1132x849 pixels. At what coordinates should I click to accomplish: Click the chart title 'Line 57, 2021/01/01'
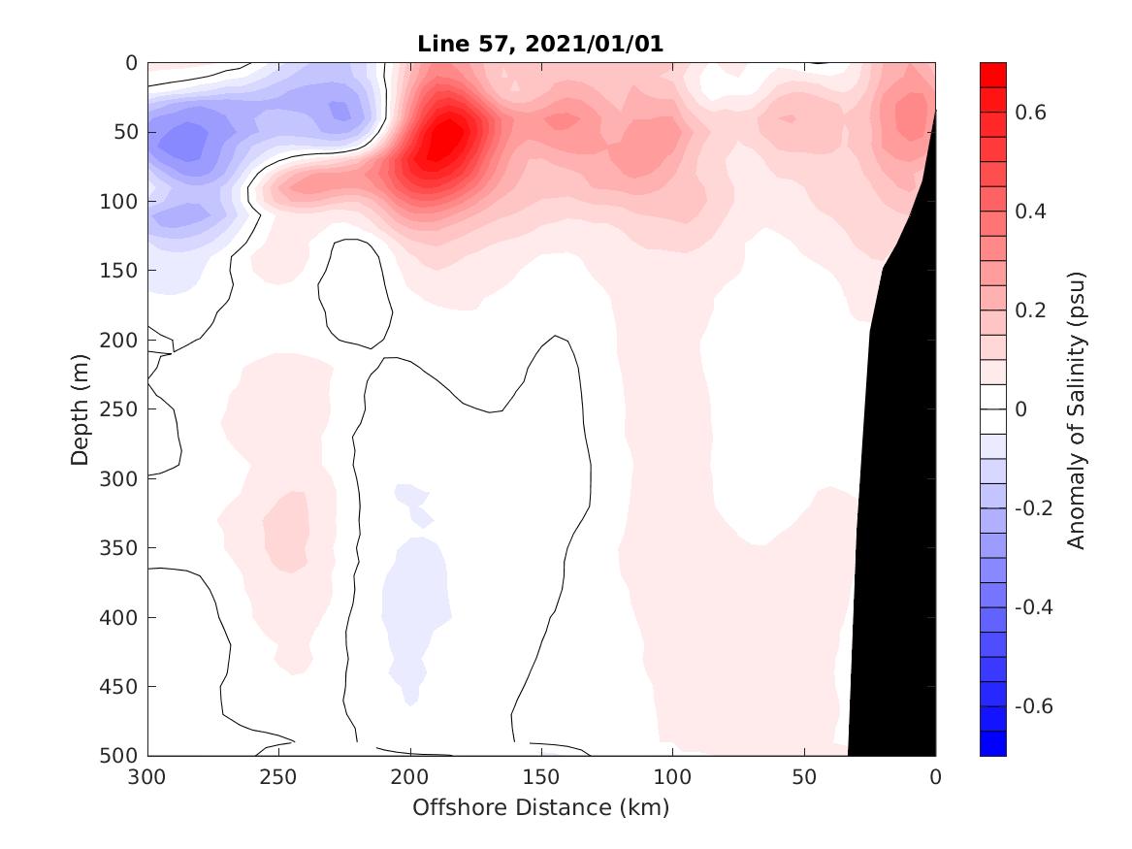click(540, 45)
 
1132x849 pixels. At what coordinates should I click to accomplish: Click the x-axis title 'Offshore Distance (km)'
click(540, 807)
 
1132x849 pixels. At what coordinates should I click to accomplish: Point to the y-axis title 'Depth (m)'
click(81, 408)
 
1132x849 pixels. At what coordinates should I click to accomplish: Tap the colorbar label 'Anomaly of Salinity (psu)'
click(1076, 409)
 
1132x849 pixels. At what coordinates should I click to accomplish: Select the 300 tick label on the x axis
click(147, 777)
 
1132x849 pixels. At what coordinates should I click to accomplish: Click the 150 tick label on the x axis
click(541, 777)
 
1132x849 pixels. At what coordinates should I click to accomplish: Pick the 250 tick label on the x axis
click(278, 777)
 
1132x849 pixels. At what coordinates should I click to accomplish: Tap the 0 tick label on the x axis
click(935, 777)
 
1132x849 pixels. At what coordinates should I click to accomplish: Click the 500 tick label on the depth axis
click(120, 756)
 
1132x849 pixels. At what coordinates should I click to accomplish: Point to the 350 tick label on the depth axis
click(120, 548)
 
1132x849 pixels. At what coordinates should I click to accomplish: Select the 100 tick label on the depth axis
click(120, 202)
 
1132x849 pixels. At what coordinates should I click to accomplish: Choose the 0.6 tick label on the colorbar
click(1032, 113)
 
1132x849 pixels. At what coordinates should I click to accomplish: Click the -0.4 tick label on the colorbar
click(1036, 606)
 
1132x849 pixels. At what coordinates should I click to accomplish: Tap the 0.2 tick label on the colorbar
click(1032, 310)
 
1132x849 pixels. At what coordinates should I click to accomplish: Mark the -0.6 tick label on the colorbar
click(1036, 705)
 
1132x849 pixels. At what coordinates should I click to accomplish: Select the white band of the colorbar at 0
click(993, 408)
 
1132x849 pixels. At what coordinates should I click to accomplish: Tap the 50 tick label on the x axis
click(804, 777)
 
